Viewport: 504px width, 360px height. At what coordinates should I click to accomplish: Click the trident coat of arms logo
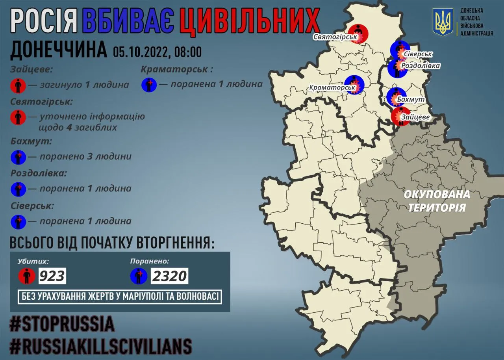[x=443, y=22]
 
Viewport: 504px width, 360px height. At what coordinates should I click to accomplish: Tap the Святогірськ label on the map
[x=335, y=37]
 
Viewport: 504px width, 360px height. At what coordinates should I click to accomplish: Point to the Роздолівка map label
[x=420, y=65]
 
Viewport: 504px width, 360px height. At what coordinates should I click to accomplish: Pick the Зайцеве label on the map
[x=415, y=117]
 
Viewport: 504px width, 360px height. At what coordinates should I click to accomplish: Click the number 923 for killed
[x=52, y=276]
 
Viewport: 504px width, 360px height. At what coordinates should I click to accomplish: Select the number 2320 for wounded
[x=169, y=276]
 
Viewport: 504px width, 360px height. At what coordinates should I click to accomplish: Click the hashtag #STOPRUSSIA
[x=62, y=324]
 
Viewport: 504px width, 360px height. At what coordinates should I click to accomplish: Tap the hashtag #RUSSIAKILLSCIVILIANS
[x=101, y=346]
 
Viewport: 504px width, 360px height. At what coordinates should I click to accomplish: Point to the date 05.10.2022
[x=140, y=52]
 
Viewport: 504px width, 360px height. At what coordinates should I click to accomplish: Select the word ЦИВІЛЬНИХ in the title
[x=248, y=21]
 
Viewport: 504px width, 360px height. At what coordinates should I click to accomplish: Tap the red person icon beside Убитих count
[x=27, y=276]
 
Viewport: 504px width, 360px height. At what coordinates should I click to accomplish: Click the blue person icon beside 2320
[x=139, y=276]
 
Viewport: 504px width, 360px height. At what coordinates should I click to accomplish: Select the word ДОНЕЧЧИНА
[x=58, y=50]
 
